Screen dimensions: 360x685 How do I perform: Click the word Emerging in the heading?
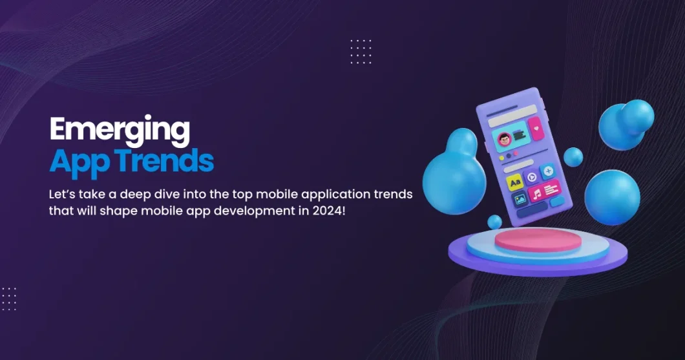tap(120, 130)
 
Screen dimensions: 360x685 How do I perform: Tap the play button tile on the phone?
tap(532, 177)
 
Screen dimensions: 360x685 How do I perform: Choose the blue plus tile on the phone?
tap(548, 171)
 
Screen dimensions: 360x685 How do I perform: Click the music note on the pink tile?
tap(537, 193)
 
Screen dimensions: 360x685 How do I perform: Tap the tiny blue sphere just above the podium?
tap(494, 222)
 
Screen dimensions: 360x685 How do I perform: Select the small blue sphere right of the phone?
tap(573, 156)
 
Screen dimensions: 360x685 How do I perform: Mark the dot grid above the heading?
tap(361, 51)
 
